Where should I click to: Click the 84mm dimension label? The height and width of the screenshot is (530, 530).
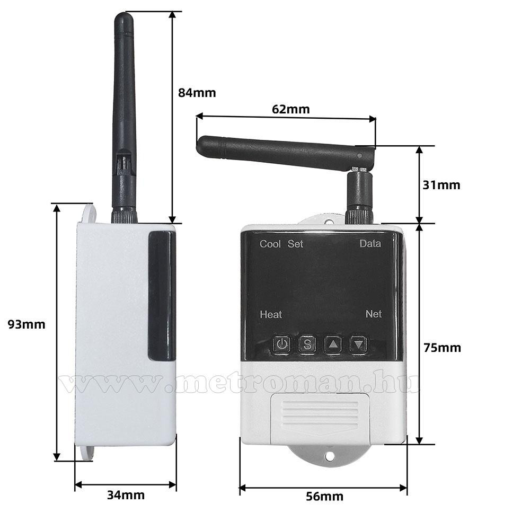click(x=197, y=93)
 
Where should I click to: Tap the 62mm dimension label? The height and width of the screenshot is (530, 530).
click(x=290, y=110)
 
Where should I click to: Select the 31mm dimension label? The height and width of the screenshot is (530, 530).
click(x=441, y=185)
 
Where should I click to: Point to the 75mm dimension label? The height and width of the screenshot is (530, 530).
click(x=442, y=348)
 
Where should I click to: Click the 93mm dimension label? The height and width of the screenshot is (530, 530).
click(x=26, y=324)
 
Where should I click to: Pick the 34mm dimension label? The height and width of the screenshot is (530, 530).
click(x=126, y=495)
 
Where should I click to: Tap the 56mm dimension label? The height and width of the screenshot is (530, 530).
click(x=324, y=497)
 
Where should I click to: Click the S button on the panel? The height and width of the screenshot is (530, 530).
click(x=307, y=344)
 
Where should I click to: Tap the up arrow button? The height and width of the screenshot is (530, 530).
click(x=333, y=344)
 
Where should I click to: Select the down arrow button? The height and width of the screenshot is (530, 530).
click(x=359, y=344)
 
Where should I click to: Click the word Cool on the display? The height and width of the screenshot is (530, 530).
click(x=270, y=244)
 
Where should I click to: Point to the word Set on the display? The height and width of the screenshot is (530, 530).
click(x=295, y=244)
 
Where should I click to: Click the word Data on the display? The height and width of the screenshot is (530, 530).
click(x=370, y=244)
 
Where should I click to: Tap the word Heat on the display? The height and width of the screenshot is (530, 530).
click(x=271, y=315)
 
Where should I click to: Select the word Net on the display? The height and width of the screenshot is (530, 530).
click(x=374, y=314)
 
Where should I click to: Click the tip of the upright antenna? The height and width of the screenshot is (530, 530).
click(x=123, y=14)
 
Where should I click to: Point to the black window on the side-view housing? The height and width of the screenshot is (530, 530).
click(x=162, y=296)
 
